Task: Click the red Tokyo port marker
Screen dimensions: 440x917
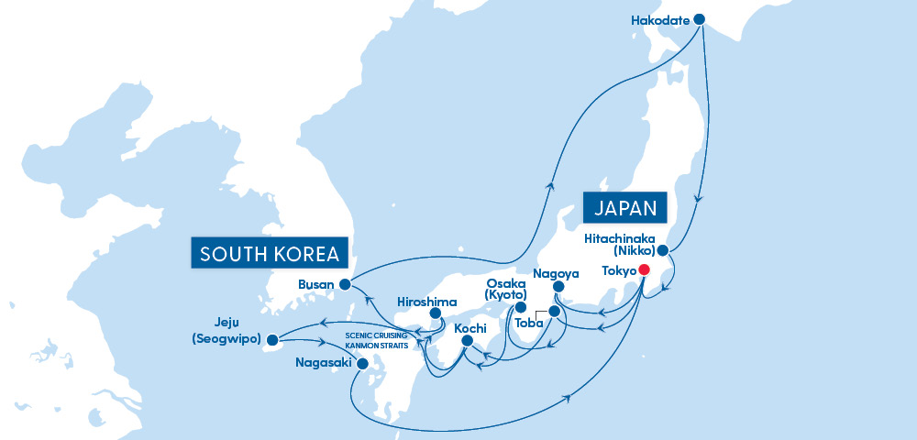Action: coord(644,269)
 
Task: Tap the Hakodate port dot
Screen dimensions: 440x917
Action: coord(700,19)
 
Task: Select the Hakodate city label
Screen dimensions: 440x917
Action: coord(661,19)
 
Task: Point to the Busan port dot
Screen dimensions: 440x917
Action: coord(344,284)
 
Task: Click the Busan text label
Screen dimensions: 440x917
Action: coord(316,284)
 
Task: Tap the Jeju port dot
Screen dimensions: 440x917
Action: coord(271,339)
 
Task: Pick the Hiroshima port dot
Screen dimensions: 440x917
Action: coord(435,313)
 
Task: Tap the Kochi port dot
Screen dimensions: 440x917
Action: coord(466,341)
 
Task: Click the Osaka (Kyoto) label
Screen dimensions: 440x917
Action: coord(505,289)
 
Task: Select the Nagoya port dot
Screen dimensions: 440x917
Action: coord(558,287)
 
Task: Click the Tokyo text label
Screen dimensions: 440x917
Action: coord(617,270)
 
